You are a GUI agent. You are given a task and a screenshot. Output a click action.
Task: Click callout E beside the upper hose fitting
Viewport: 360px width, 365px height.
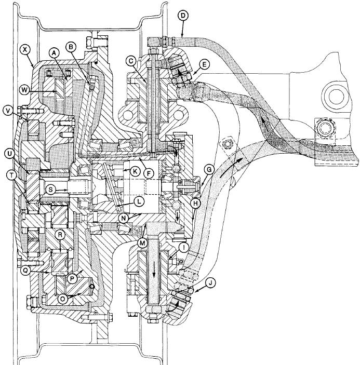(x=204, y=64)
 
